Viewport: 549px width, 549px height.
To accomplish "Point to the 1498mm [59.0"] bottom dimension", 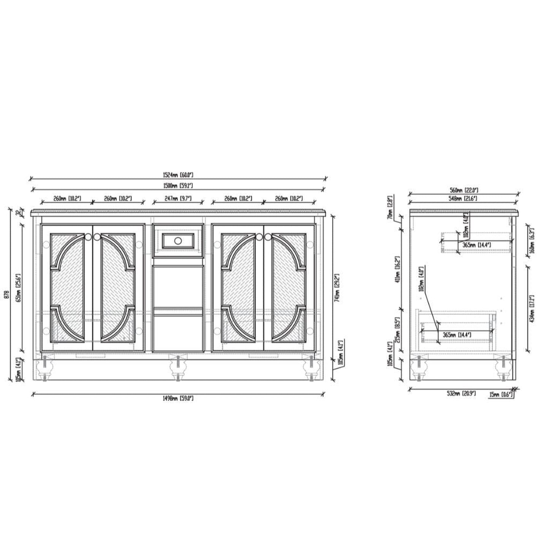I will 177,398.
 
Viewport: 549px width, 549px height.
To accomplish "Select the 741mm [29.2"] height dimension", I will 336,283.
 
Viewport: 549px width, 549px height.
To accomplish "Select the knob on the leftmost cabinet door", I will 88,237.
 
